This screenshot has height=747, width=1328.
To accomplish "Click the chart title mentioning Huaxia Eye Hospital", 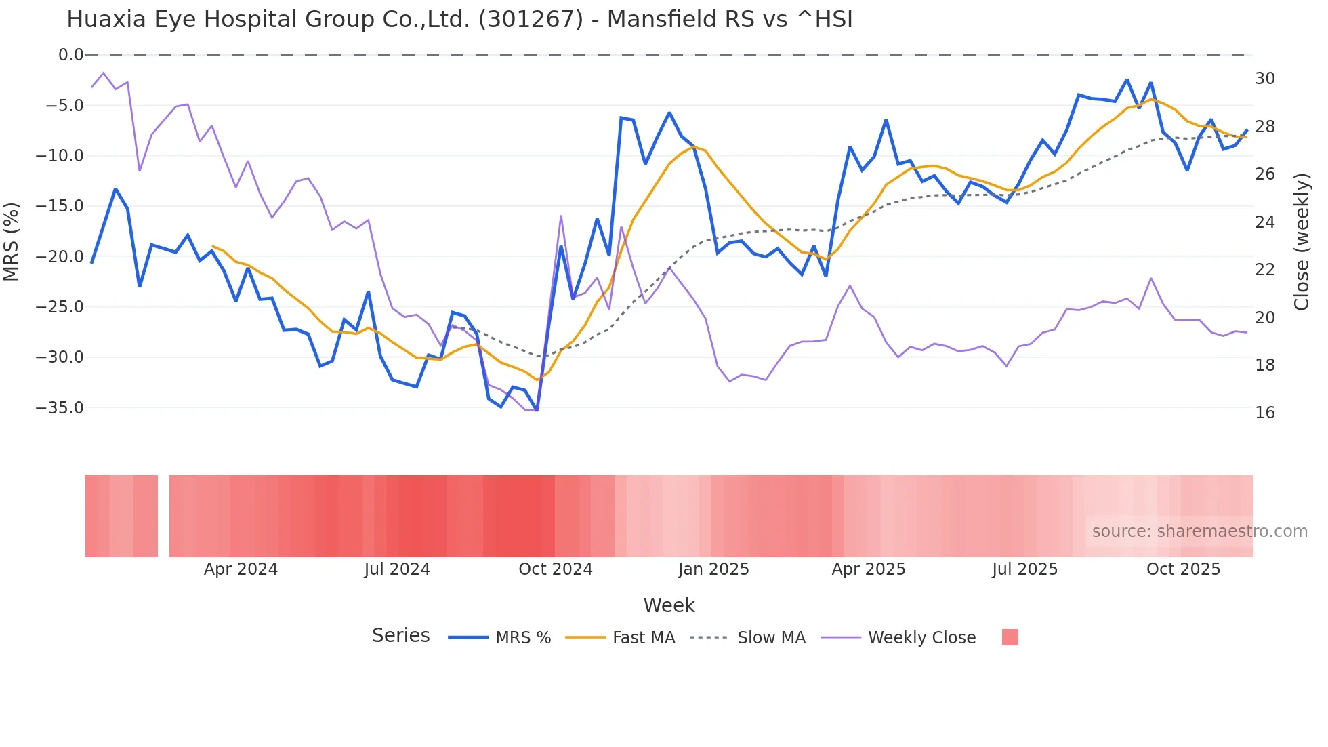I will [459, 20].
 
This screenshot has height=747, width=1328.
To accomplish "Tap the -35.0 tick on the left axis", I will [60, 408].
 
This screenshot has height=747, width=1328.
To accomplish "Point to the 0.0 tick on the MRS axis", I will [70, 55].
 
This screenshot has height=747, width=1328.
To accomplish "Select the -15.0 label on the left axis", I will [60, 206].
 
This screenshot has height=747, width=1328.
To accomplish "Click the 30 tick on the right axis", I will [1264, 79].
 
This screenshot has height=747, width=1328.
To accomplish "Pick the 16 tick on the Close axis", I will [1264, 413].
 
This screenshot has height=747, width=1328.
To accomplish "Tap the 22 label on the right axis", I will [1264, 270].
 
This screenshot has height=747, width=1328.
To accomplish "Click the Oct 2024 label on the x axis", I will [555, 569].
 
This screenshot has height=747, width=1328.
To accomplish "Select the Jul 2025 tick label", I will [1024, 569].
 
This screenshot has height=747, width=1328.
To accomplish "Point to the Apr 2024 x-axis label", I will [241, 569].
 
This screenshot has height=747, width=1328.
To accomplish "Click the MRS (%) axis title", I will [12, 242].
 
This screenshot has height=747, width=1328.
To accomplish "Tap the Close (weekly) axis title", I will [1302, 242].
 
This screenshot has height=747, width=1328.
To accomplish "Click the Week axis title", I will [669, 605].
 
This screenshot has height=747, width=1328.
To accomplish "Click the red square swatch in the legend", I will [1010, 637].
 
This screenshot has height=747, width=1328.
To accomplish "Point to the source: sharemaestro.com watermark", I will [1199, 531].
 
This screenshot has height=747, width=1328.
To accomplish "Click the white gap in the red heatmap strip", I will [163, 517].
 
